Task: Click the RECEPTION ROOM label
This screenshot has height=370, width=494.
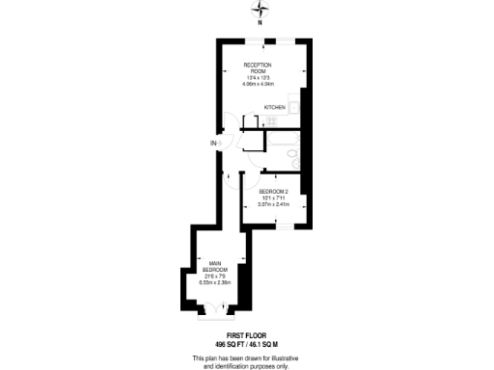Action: (x=259, y=66)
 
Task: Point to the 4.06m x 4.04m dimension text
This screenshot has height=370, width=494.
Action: (x=259, y=83)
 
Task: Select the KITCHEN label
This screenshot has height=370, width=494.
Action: (x=275, y=108)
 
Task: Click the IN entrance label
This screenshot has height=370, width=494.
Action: (x=212, y=144)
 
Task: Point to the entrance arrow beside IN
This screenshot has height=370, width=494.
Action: (x=221, y=144)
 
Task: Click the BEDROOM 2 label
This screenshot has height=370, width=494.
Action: (x=274, y=193)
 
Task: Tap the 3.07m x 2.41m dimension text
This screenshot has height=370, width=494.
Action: (x=274, y=204)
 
